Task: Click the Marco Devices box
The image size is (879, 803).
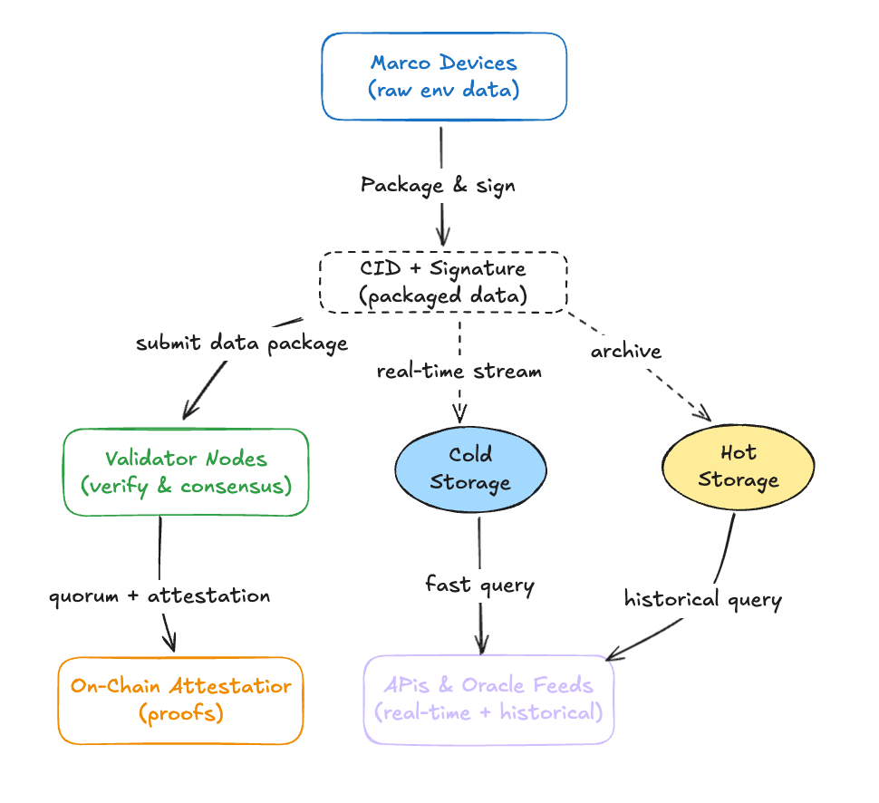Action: pos(444,76)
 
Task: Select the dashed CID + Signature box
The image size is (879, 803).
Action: pos(443,283)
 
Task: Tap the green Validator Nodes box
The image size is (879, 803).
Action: pos(187,472)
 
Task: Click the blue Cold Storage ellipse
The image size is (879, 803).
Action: pos(470,469)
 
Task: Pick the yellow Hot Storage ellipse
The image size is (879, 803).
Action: pos(738,466)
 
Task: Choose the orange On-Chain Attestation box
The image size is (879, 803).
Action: pos(180,701)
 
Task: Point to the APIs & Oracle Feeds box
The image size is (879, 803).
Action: pos(489,700)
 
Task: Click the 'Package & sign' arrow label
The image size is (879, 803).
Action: pos(438,186)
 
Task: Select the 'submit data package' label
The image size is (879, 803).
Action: pos(242,343)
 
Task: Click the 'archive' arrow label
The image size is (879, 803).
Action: pos(626,351)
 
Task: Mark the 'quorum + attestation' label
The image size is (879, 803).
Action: pos(159,596)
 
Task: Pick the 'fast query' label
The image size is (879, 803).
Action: pos(479,585)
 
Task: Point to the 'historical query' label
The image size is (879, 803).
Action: pos(702,599)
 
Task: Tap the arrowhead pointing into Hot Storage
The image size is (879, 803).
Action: pos(702,414)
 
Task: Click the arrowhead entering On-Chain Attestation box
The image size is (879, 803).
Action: pos(169,643)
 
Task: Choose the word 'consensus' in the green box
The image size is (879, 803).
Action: pos(236,486)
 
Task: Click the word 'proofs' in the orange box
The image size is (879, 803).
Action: pos(181,713)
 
